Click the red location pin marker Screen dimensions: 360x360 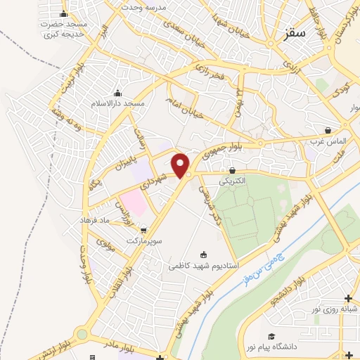181,165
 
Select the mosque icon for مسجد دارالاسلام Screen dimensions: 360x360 117,94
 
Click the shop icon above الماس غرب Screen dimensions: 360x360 328,130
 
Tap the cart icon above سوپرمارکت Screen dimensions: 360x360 143,230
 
